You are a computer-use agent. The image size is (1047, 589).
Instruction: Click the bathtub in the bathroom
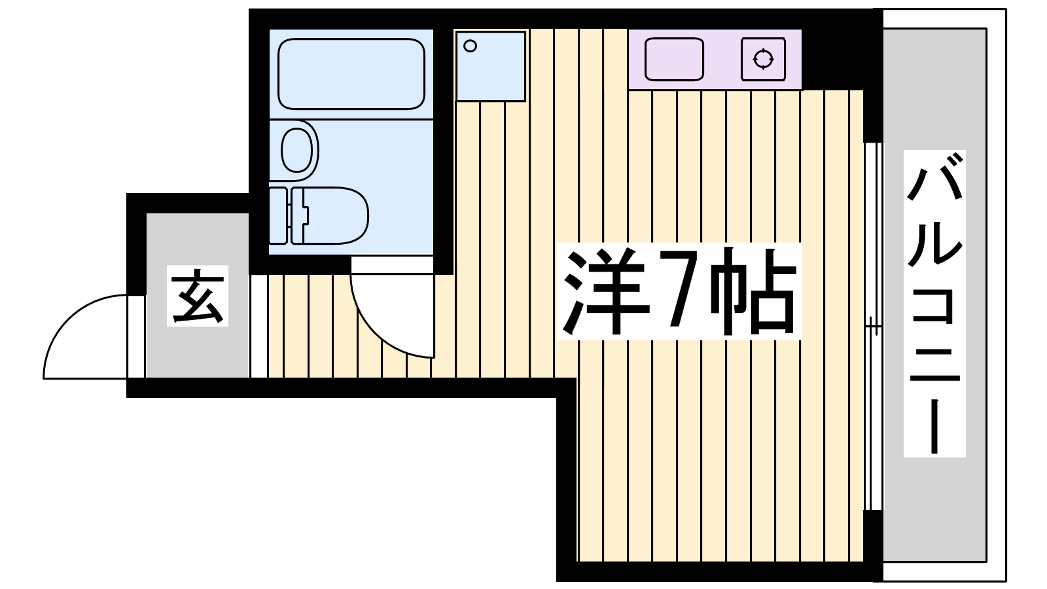351,74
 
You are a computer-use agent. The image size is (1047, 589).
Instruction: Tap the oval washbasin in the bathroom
297,151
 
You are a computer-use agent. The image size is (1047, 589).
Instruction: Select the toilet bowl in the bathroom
330,215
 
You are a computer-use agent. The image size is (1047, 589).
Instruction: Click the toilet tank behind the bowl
278,215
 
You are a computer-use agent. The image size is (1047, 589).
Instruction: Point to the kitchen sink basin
674,60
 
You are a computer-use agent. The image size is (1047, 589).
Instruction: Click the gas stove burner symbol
763,60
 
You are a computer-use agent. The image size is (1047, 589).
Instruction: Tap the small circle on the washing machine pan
470,46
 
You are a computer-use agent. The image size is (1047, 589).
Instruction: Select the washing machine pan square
491,66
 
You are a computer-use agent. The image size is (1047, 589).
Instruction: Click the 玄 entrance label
197,296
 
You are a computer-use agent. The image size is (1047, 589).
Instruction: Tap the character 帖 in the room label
753,291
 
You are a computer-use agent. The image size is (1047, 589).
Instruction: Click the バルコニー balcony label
934,304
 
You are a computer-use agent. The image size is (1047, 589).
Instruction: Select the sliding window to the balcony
873,326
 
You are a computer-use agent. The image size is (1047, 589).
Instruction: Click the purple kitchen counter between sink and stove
722,60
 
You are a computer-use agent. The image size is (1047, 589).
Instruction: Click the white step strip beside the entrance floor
258,326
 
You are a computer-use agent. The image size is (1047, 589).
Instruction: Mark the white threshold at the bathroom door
392,264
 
